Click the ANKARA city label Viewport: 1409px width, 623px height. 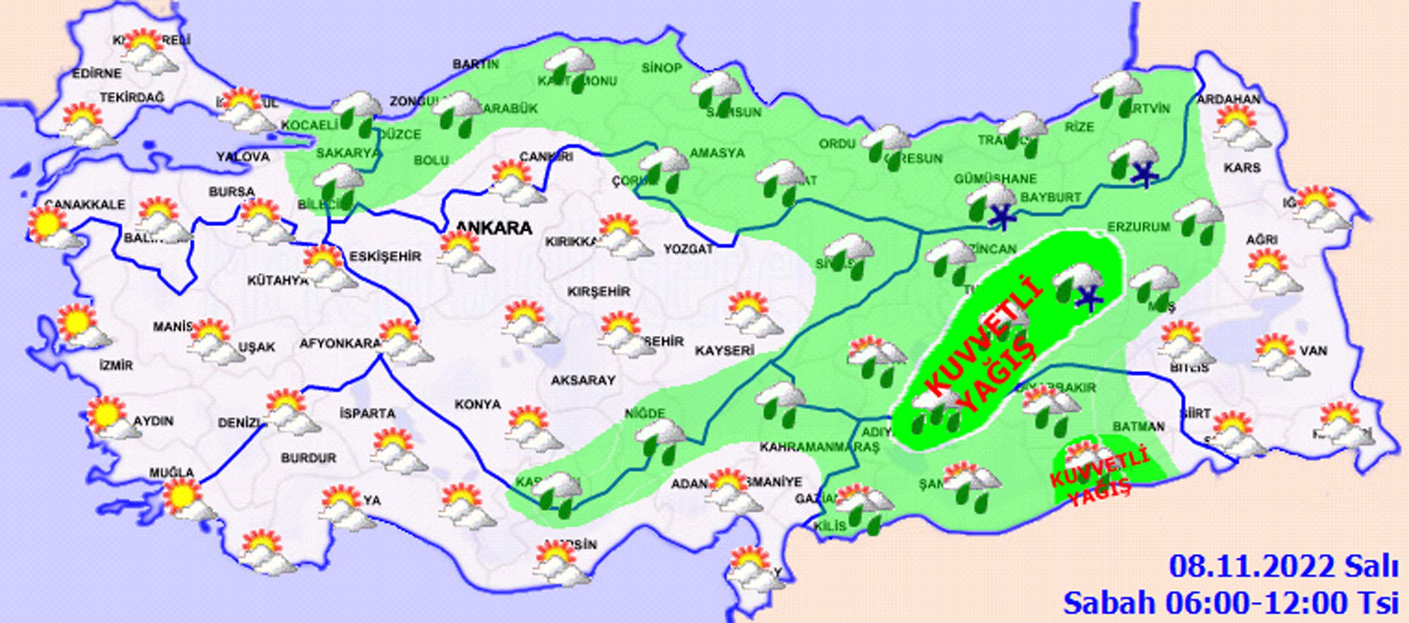494,228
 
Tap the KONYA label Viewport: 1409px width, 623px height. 478,404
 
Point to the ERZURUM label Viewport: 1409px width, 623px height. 1139,226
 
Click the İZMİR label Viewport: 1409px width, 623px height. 116,365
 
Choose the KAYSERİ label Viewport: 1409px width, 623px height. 725,351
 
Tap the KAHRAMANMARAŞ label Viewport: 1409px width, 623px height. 819,447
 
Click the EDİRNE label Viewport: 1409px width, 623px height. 97,73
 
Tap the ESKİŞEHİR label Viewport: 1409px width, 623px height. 385,256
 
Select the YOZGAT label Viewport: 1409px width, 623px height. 688,249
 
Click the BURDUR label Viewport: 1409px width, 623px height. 309,458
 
